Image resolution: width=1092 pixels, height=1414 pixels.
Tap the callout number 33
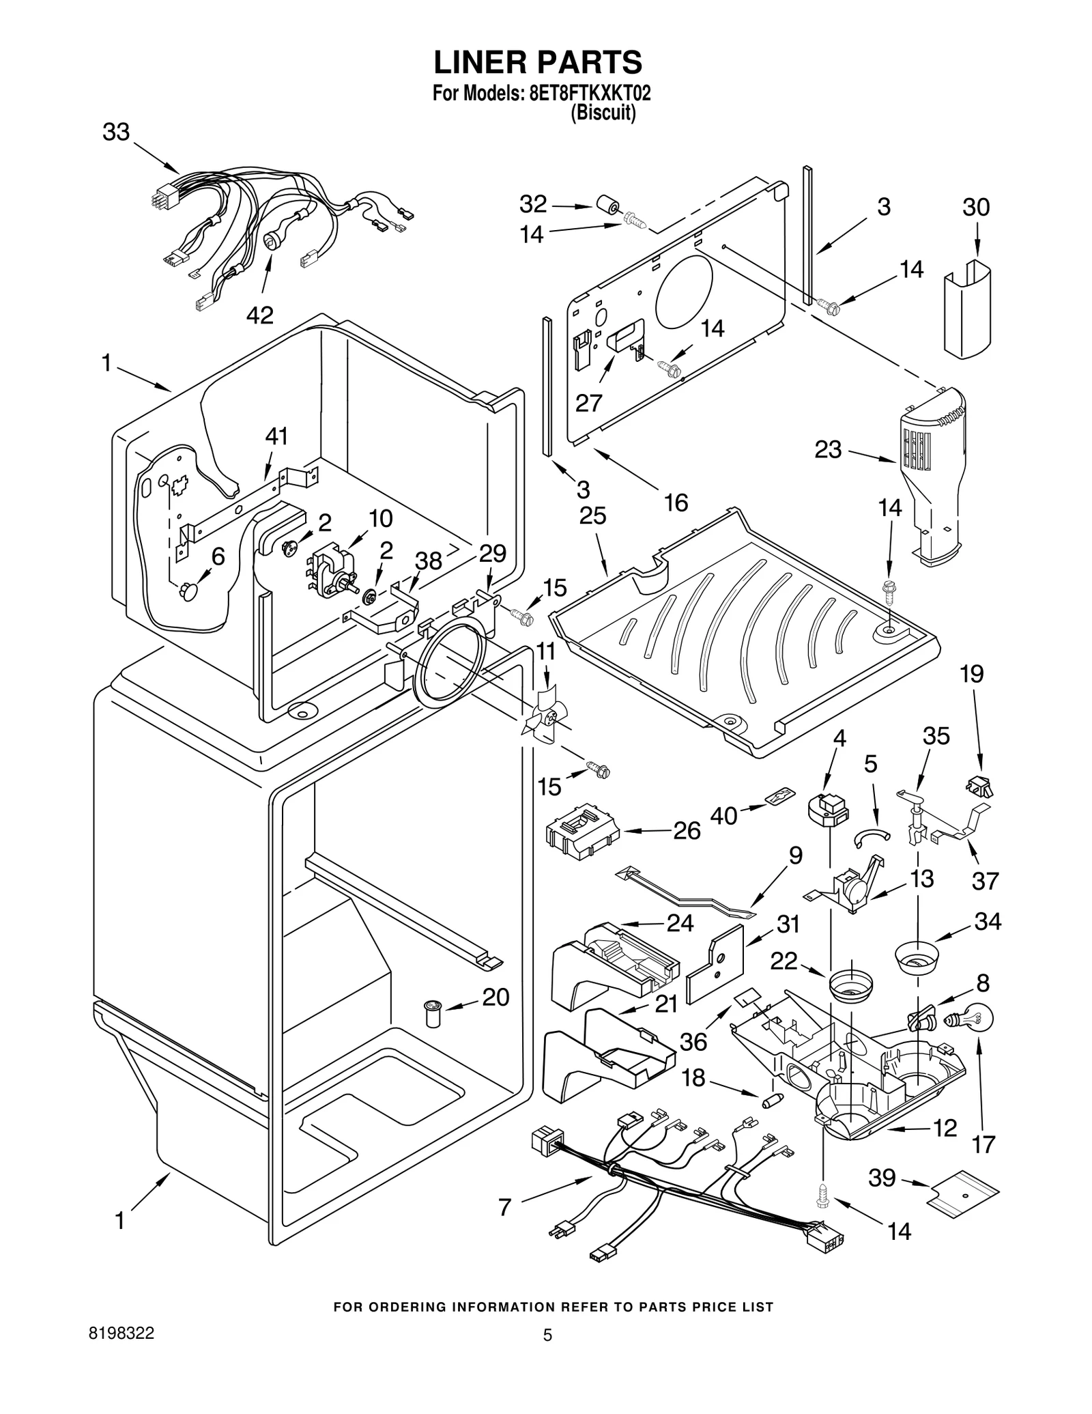(116, 132)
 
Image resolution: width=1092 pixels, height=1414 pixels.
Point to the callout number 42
(259, 315)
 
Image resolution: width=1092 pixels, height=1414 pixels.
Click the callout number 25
(592, 515)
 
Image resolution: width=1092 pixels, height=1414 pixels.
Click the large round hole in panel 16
(684, 288)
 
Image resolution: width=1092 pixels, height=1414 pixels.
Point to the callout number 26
(687, 831)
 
